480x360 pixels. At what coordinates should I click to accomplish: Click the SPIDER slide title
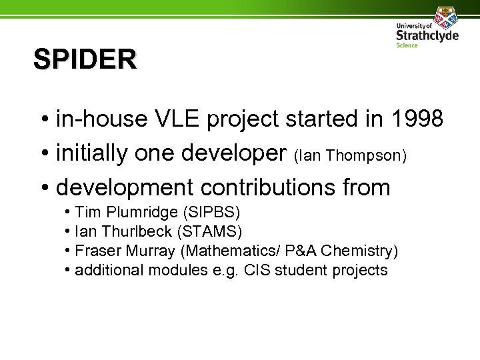(85, 60)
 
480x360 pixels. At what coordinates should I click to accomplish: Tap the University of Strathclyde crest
(442, 15)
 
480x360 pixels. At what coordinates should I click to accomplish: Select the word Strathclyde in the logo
(427, 35)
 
